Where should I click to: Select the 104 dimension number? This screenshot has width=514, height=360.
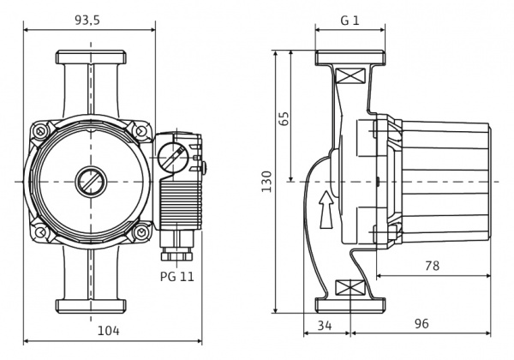pos(109,330)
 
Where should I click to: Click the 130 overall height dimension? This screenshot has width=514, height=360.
pos(266,182)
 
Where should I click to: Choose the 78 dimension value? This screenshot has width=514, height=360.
pos(432,266)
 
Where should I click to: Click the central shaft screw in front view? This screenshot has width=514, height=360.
pos(88,182)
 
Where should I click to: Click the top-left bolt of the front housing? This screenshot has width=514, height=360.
pos(39,132)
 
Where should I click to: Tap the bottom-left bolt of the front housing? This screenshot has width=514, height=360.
pos(39,232)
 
